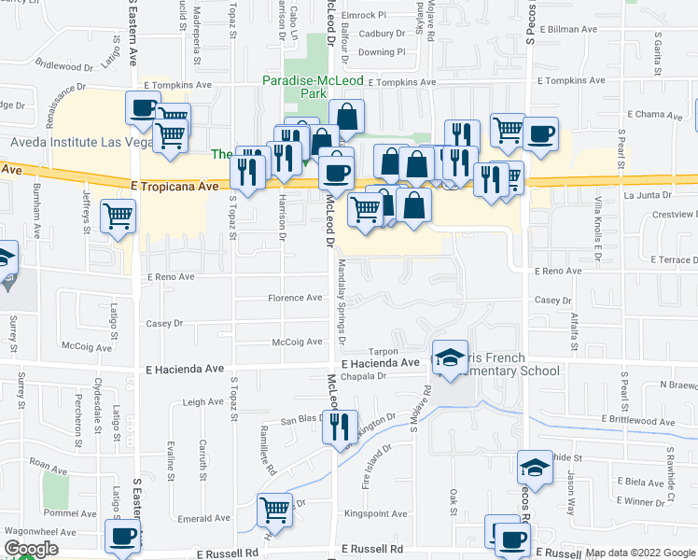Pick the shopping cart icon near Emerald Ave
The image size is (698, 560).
pos(275,510)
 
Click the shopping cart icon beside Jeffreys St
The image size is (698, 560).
pos(119,217)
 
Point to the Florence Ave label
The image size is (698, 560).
pos(296,298)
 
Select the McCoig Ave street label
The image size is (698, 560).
pos(297,342)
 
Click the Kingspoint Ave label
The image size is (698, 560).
pos(375,513)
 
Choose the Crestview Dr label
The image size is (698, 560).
pos(673,215)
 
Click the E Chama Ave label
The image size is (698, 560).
pos(657,114)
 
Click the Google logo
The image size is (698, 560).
pos(31,549)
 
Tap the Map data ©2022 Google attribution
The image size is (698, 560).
pos(639,553)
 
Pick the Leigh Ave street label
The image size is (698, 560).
pos(203,402)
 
